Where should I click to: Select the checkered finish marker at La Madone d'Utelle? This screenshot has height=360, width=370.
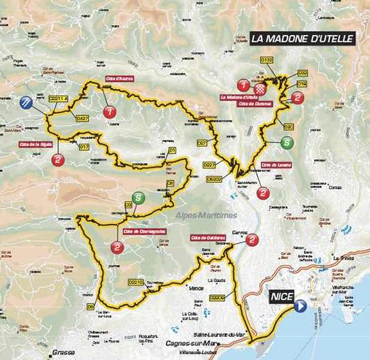(x=260, y=90)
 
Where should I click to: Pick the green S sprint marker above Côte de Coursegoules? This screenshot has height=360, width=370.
(x=138, y=198)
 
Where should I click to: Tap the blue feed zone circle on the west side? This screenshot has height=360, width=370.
(x=26, y=103)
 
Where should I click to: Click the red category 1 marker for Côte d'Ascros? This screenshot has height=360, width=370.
(x=109, y=112)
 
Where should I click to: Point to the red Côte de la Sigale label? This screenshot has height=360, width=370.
(x=33, y=145)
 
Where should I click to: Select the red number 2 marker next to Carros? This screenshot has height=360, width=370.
(x=252, y=240)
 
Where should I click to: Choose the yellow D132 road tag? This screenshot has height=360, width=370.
(x=266, y=61)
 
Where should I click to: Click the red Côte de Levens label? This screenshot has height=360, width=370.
(x=276, y=165)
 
